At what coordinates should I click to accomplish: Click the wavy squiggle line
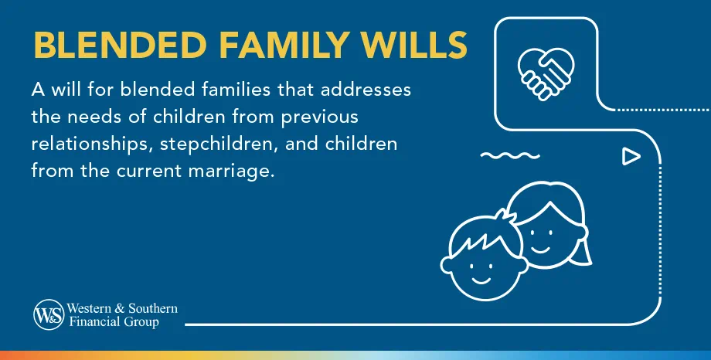coord(509,156)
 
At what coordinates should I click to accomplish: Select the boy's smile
coord(483,277)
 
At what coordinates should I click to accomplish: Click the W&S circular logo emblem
coord(48,314)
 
